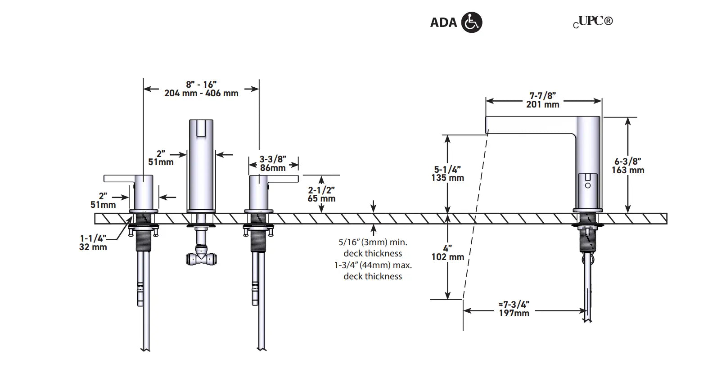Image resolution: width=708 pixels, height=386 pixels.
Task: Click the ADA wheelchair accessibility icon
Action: [472, 22]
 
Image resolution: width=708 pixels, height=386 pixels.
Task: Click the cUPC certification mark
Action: [593, 22]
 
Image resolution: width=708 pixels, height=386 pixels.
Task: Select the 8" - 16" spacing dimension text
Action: [201, 89]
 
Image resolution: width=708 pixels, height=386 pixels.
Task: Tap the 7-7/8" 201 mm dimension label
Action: [542, 100]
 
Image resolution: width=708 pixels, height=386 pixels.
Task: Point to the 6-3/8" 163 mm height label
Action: [627, 166]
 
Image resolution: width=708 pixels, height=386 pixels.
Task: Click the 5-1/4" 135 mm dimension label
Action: [447, 174]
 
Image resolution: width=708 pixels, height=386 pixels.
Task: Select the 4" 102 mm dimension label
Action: [447, 252]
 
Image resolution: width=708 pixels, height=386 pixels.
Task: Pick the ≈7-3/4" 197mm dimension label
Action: [514, 309]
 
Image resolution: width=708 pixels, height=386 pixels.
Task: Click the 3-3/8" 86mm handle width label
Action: [273, 163]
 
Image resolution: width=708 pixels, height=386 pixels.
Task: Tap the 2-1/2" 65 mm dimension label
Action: [321, 194]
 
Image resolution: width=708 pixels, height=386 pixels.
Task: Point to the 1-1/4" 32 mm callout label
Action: [93, 242]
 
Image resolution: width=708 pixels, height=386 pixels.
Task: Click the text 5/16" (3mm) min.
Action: [373, 242]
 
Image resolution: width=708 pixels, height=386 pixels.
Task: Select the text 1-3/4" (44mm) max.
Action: [373, 265]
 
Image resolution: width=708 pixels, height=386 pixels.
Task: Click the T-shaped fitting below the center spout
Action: [201, 258]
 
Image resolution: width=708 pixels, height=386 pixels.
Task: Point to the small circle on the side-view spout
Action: [587, 185]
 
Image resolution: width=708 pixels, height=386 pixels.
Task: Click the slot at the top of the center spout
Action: [201, 128]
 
